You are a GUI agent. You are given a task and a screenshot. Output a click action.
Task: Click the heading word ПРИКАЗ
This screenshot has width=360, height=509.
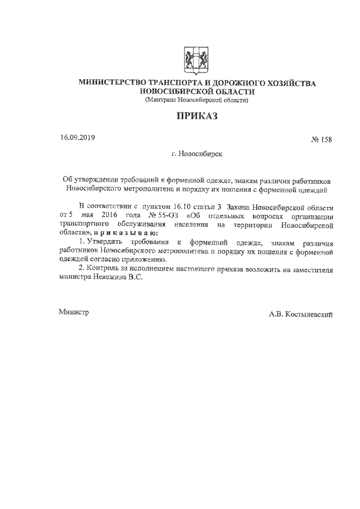(196, 117)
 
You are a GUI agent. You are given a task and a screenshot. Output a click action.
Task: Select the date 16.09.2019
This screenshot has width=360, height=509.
(79, 137)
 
